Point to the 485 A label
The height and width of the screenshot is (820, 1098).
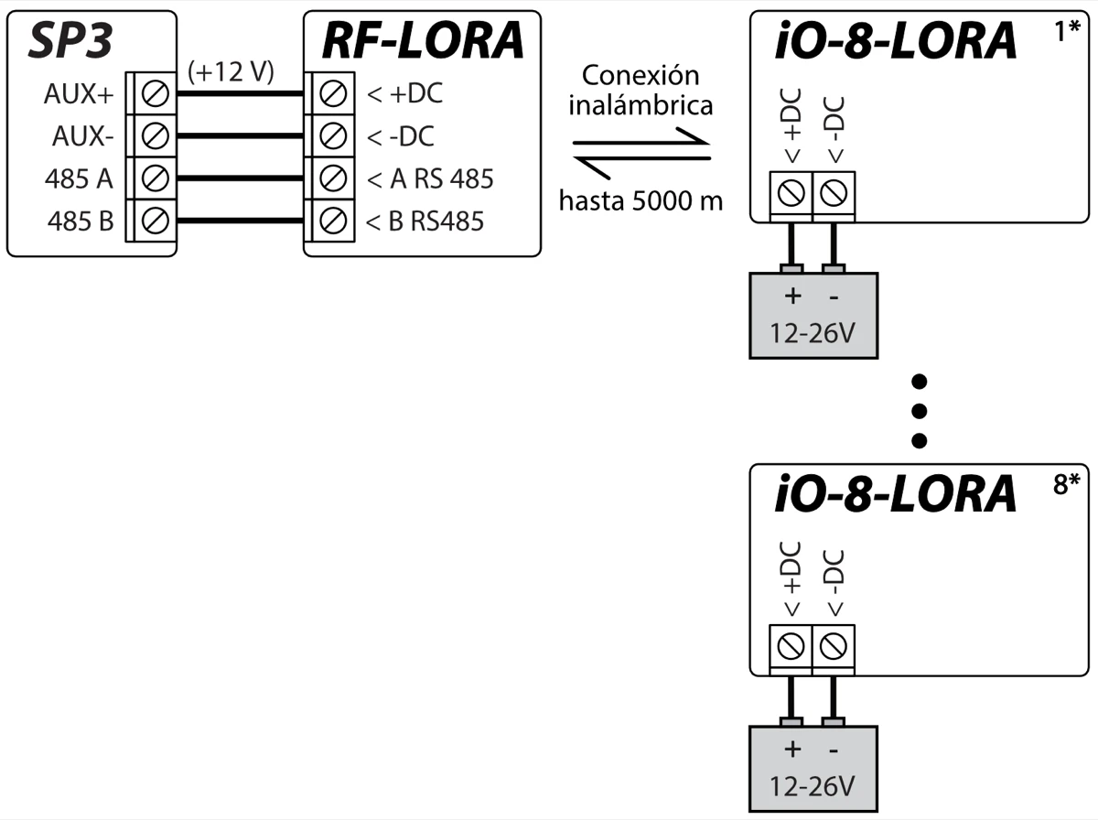tap(79, 178)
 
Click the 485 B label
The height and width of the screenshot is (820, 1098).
tap(79, 221)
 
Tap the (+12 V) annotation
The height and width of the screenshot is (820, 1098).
tap(231, 73)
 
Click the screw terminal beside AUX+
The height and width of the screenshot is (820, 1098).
tap(156, 93)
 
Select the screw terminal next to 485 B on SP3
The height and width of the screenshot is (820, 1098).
tap(156, 221)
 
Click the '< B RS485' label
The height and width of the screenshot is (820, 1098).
tap(425, 221)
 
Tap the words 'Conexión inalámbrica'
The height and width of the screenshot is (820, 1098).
tap(640, 91)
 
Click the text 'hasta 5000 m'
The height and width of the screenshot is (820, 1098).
tap(640, 200)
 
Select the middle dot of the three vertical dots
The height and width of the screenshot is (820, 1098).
tap(920, 410)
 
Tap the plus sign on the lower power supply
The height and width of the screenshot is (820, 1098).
tap(792, 750)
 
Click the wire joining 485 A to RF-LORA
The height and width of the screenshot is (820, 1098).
tap(240, 178)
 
